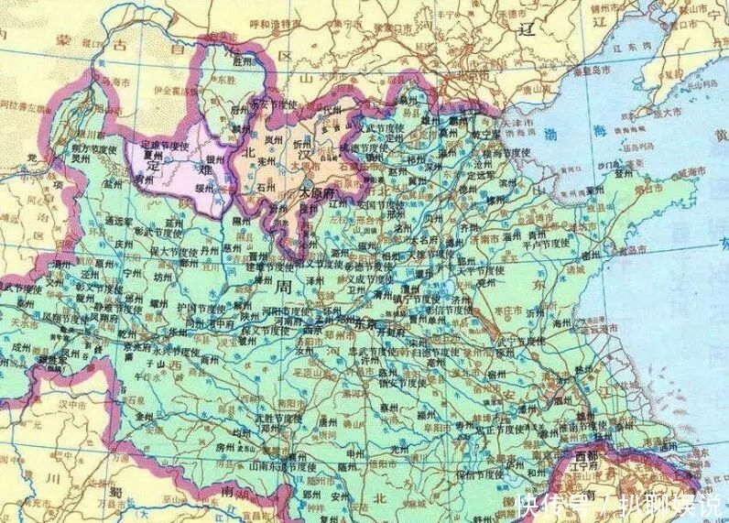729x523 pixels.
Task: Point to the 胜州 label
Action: coord(243,62)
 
